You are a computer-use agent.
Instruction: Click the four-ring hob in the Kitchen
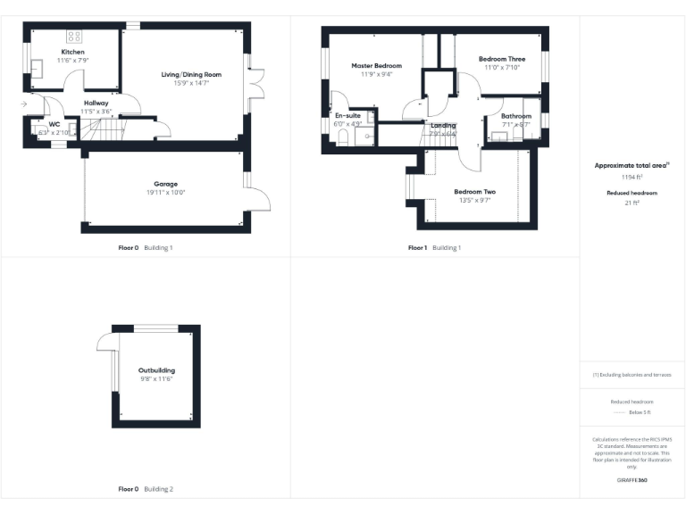(x=74, y=37)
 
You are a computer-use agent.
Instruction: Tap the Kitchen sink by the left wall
(x=38, y=68)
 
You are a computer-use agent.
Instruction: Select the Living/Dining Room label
(x=191, y=74)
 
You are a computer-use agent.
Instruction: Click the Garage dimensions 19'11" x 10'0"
(x=167, y=193)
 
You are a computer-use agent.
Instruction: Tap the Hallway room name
(x=96, y=104)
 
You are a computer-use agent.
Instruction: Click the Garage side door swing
(x=257, y=199)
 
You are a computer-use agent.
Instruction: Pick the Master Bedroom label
(x=376, y=65)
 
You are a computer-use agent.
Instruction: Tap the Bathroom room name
(x=515, y=116)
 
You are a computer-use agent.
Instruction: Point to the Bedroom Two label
(x=474, y=192)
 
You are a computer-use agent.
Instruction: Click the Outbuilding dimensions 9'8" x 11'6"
(x=156, y=379)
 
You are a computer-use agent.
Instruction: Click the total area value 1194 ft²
(x=632, y=178)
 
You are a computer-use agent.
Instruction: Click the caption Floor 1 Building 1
(x=434, y=247)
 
